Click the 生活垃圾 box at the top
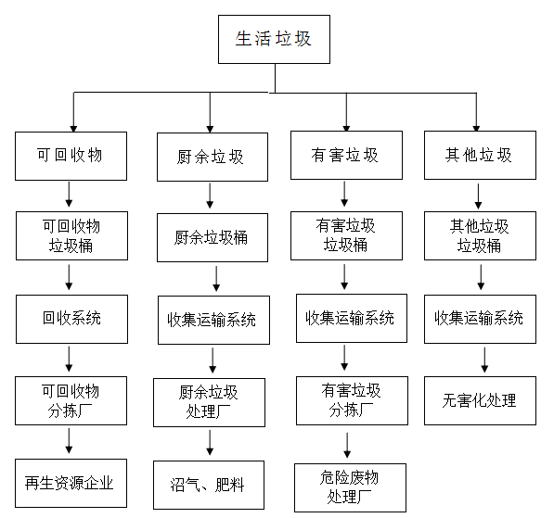pos(274,39)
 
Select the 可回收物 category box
pos(71,156)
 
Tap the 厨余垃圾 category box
pos(213,157)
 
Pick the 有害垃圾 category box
pos(347,156)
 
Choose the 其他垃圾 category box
pos(480,156)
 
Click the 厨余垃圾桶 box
pos(213,237)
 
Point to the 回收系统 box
pos(71,319)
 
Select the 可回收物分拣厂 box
pos(71,400)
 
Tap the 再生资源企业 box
pos(71,483)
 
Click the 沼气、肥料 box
pos(209,485)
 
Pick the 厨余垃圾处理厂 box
pos(209,402)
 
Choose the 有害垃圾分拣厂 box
pos(353,400)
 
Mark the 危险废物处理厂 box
pos(350,487)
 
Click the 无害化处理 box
pos(480,400)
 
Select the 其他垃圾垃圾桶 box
pos(480,235)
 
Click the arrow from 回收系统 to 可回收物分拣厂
pos(69,359)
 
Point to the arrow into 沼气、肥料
pos(210,443)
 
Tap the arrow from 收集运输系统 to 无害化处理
pos(484,360)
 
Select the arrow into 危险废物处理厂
pos(347,446)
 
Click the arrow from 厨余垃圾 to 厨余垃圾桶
pos(210,196)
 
